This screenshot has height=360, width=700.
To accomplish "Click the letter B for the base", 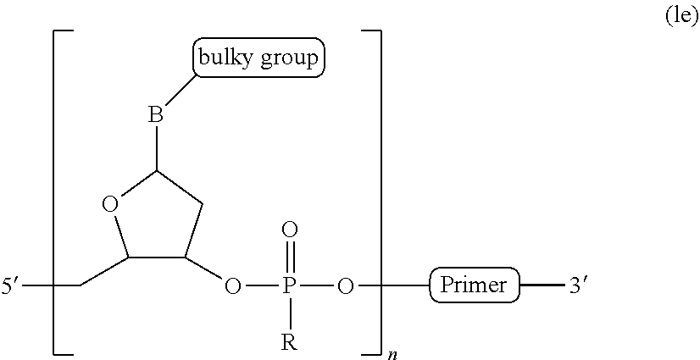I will click(x=156, y=115).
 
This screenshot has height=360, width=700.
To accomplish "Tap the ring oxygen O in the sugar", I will click(x=108, y=204).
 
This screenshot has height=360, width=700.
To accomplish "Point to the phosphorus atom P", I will click(x=289, y=286).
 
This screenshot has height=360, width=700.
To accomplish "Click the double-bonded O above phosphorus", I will click(x=289, y=229).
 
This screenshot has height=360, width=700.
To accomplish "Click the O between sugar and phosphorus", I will click(x=231, y=286).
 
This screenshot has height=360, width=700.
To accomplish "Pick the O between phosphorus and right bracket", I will click(x=344, y=286).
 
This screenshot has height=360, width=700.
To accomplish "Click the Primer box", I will click(x=475, y=285).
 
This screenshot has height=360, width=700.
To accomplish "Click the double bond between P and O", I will click(x=289, y=257).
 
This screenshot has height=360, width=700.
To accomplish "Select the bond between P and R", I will click(x=289, y=313).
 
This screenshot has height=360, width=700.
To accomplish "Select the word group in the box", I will click(x=291, y=59).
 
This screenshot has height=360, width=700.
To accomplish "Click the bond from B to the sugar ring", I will click(x=156, y=148).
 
